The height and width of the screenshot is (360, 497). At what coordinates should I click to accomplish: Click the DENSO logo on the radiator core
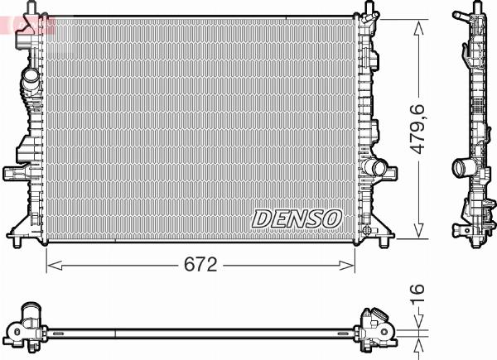297,218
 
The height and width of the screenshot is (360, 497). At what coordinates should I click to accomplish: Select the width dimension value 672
200,265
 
